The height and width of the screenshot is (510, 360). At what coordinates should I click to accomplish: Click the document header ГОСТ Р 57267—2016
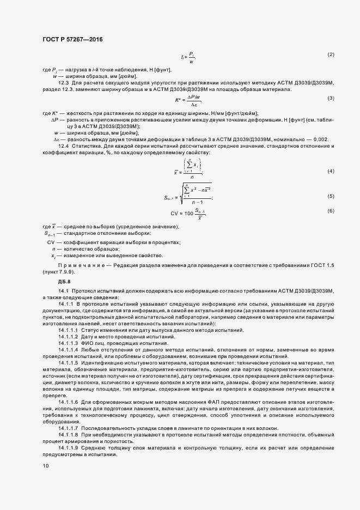coord(72,40)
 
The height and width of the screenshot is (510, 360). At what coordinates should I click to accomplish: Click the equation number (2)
coord(330,55)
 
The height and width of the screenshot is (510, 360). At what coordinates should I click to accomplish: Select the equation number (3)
coord(330,98)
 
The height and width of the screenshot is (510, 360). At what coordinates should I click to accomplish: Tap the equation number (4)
coord(330,171)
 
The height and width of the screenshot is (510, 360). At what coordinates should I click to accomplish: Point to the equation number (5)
coord(330,196)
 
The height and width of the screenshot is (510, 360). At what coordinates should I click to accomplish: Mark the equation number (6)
coord(330,211)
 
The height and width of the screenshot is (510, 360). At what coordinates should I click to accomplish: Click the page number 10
coord(45,465)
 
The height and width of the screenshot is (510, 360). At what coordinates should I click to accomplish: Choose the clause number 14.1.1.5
coord(68,362)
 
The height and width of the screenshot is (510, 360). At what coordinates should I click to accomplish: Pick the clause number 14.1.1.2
coord(68,337)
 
